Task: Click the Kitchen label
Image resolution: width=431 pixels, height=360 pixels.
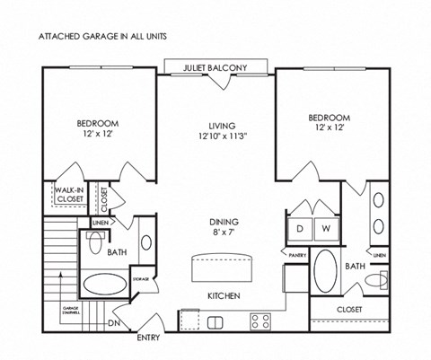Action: [222, 294]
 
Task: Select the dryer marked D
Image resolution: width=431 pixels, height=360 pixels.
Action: [299, 228]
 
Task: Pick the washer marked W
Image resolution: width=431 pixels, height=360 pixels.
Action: [326, 228]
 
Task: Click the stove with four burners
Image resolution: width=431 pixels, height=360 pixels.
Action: [262, 319]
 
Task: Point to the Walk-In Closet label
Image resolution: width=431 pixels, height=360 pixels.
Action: [68, 195]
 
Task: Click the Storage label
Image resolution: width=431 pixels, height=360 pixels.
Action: [141, 279]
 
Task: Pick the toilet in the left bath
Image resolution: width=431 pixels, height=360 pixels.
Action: [94, 243]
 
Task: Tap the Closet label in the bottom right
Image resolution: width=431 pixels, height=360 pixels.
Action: [349, 308]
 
